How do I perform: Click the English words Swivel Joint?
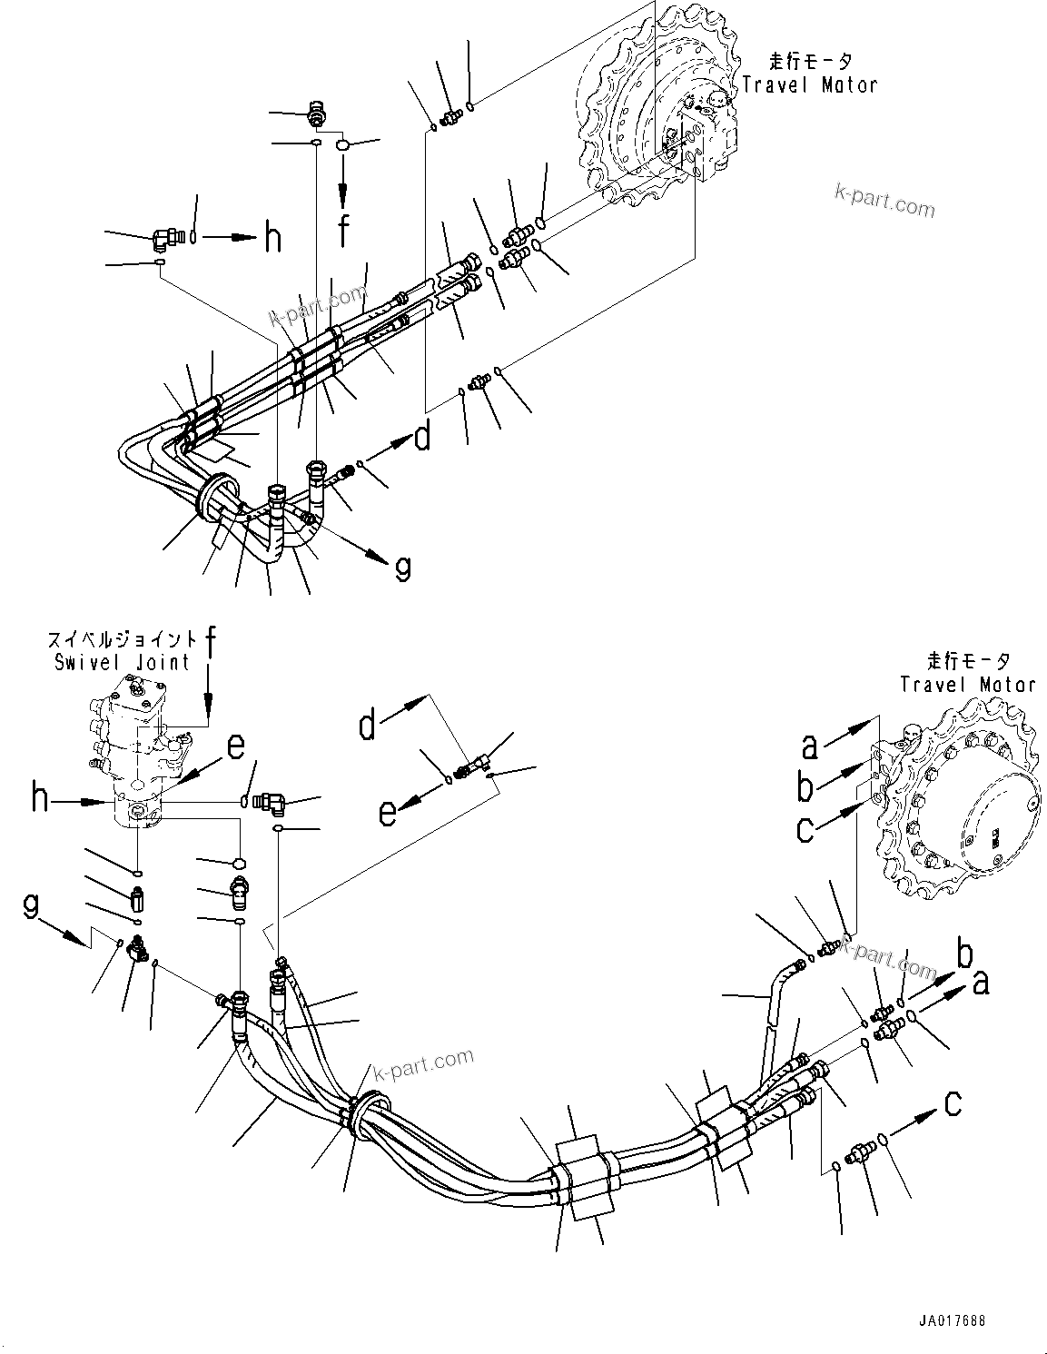[122, 662]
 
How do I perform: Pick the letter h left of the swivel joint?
[40, 799]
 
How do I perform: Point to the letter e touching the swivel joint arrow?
[236, 746]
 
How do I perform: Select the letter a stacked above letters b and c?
[809, 746]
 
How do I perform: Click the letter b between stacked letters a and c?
[805, 786]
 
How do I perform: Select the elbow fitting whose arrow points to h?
[165, 240]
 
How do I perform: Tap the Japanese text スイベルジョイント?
[122, 638]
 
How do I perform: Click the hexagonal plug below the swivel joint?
[239, 863]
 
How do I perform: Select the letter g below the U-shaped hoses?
[402, 569]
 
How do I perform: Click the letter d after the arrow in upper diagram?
[422, 439]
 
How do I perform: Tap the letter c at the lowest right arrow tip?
[953, 1103]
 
